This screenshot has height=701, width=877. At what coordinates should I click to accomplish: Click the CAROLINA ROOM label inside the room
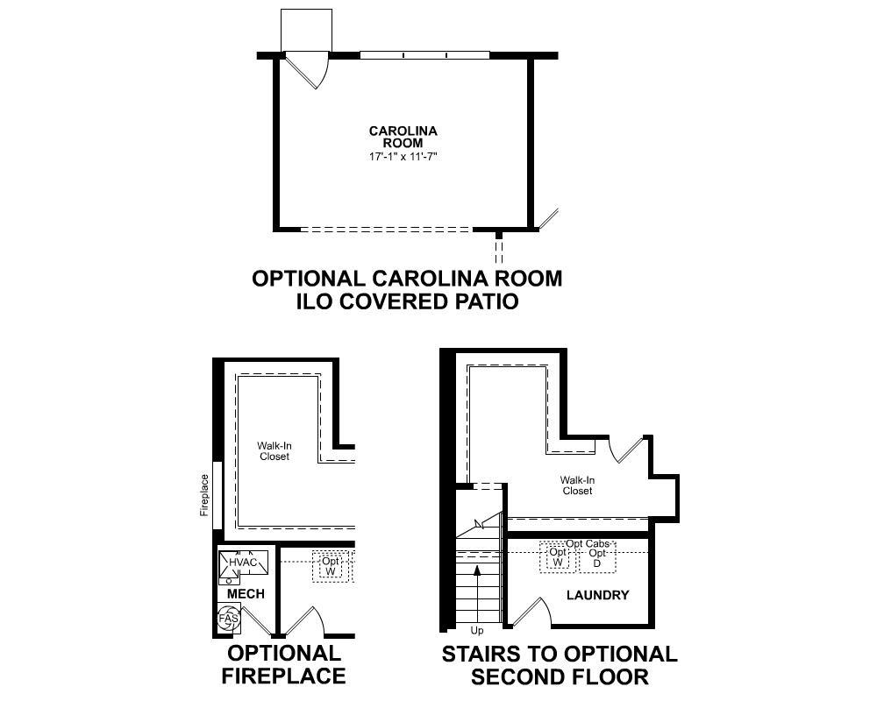tap(403, 137)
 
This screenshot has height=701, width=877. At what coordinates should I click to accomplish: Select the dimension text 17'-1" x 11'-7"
tap(403, 157)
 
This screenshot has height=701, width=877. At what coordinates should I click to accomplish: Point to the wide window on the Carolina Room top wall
tap(424, 55)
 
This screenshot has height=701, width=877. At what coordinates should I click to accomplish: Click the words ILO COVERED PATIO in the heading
tap(407, 301)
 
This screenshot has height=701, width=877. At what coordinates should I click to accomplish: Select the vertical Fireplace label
tap(204, 495)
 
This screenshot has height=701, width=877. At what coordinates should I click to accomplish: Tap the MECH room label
tap(246, 594)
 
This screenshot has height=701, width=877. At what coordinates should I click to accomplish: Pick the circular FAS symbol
tap(228, 619)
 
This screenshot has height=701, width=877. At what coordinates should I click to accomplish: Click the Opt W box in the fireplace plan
tap(331, 567)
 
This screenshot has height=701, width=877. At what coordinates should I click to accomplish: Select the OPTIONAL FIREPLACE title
tap(283, 664)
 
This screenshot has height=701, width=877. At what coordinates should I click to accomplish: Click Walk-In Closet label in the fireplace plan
tap(275, 451)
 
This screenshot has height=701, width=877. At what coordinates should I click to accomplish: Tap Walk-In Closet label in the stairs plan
tap(577, 485)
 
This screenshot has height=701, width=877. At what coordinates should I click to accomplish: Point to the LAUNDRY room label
tap(597, 596)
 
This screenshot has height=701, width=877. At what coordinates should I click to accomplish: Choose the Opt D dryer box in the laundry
tap(597, 558)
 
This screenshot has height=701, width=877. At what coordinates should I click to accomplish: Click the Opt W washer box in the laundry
tap(558, 557)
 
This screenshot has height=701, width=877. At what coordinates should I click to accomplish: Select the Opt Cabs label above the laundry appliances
tap(587, 544)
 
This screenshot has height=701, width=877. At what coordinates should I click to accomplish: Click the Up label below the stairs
tap(477, 631)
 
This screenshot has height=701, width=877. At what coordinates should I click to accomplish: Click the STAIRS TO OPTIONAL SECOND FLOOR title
tap(559, 665)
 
